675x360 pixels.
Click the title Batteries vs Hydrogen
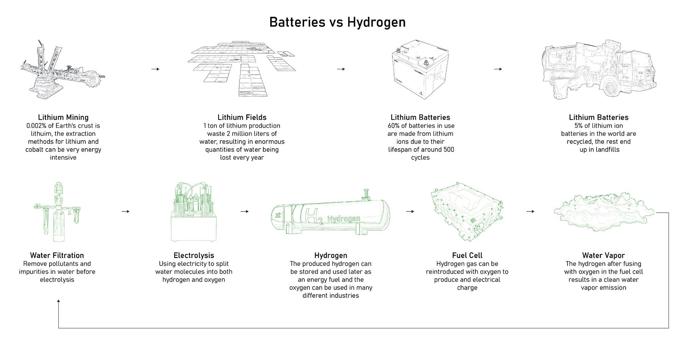click(337, 22)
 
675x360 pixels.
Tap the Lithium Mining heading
click(63, 117)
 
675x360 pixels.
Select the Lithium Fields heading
click(242, 117)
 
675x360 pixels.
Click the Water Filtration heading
click(57, 255)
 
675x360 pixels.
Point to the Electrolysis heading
click(194, 255)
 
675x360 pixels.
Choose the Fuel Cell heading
click(467, 255)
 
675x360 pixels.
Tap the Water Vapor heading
click(603, 255)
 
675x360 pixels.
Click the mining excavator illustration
click(62, 70)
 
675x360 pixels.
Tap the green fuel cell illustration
click(467, 212)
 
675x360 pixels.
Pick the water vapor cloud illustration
click(603, 212)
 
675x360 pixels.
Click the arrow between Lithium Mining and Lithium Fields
click(155, 69)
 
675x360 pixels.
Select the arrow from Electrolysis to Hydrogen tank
click(245, 211)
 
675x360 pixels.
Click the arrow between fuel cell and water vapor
click(530, 211)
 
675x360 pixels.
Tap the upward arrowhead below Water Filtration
click(58, 301)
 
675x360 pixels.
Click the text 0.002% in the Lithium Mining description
click(36, 126)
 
